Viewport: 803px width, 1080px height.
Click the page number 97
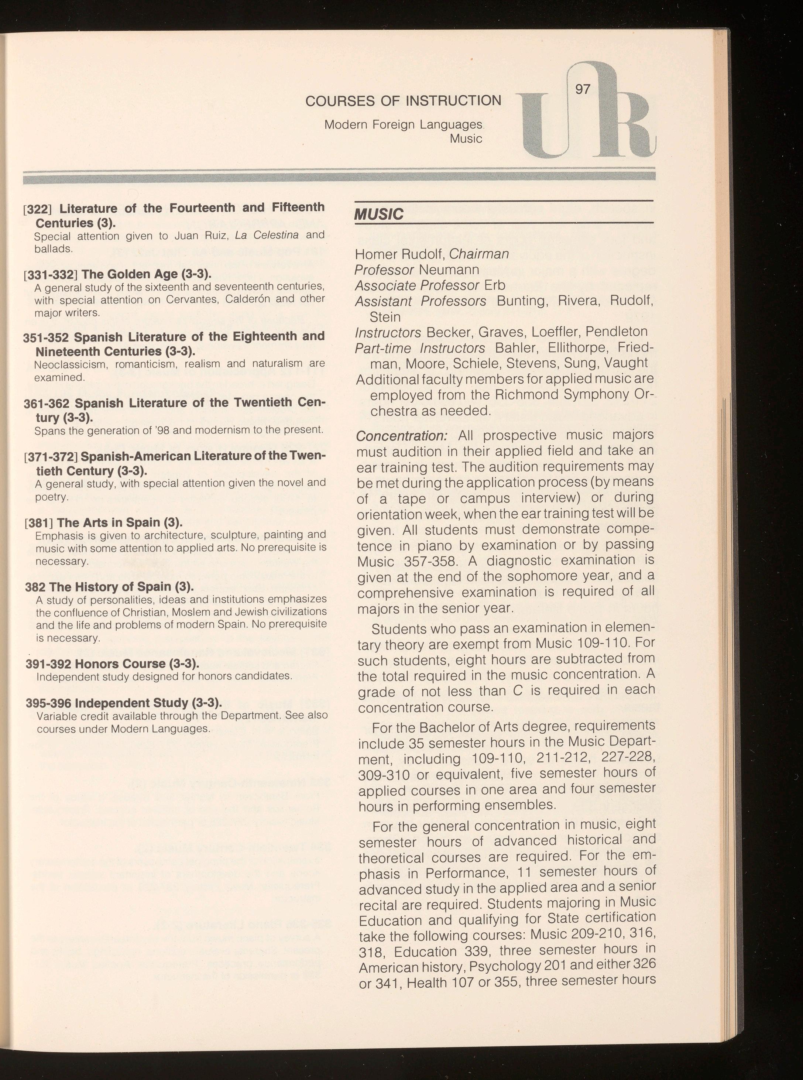tap(582, 89)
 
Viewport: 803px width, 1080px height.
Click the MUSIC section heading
tap(379, 214)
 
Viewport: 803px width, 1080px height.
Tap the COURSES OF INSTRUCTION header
tap(403, 100)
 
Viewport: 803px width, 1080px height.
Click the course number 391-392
tap(48, 664)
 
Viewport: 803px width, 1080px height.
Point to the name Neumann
tap(449, 270)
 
